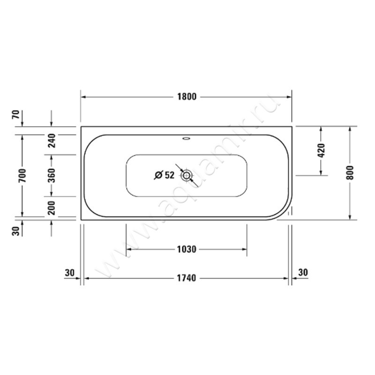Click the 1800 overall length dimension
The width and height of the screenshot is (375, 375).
coord(186,97)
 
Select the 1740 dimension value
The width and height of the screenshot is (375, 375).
coord(186,278)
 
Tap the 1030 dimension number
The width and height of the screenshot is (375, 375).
coord(186,249)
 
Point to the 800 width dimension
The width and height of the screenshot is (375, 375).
coord(350,173)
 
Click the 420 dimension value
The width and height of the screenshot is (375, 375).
coord(321,151)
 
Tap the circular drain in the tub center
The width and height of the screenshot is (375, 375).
coord(187,176)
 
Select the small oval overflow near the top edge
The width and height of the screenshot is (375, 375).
coord(187,138)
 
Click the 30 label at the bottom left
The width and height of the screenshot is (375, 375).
coord(70,272)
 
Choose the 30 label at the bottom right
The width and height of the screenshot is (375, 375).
coord(303,272)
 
